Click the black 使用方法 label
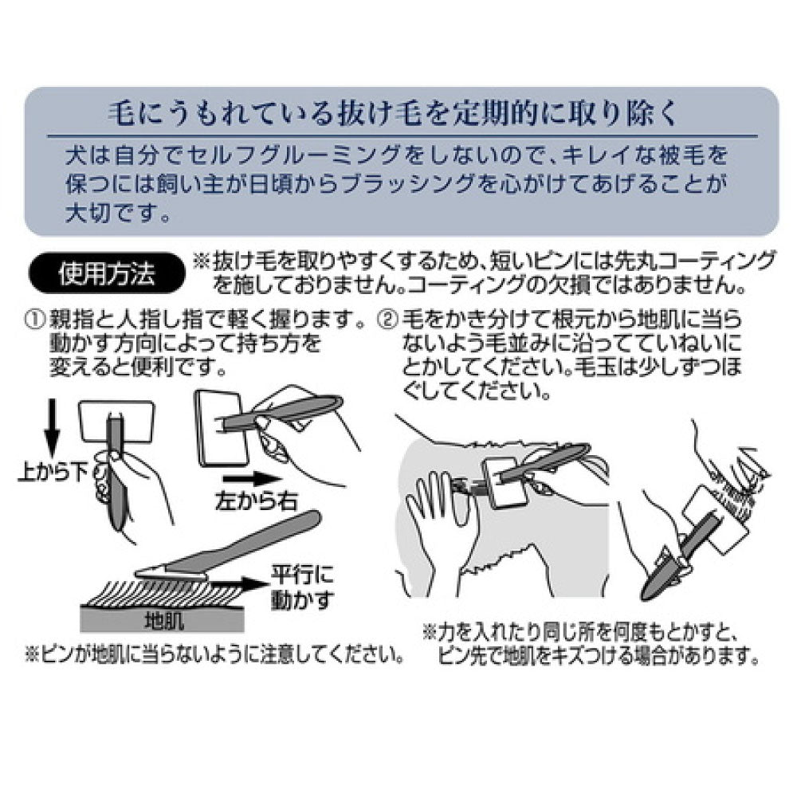coord(107,274)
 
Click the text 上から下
coord(53,473)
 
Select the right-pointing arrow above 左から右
coord(252,478)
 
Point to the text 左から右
coord(256,501)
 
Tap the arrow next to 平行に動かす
coord(243,583)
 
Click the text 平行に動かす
coord(302,587)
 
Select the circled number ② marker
coord(387,321)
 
